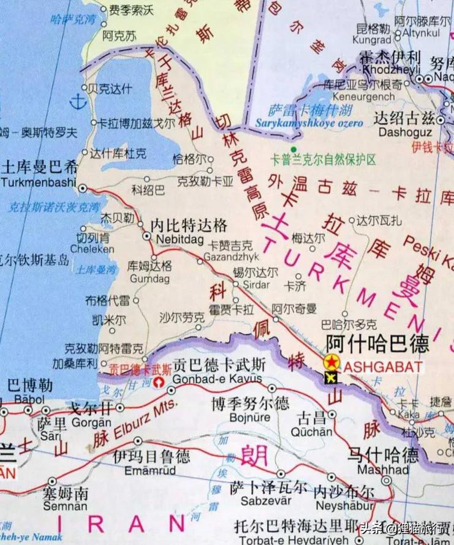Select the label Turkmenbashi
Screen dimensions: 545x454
[x=39, y=182]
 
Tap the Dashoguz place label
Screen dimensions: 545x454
[x=404, y=132]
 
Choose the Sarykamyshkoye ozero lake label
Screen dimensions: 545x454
[x=317, y=122]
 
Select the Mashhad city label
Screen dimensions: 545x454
[x=387, y=469]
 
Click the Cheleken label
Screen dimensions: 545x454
[x=92, y=249]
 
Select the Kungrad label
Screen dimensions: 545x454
[x=372, y=39]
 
